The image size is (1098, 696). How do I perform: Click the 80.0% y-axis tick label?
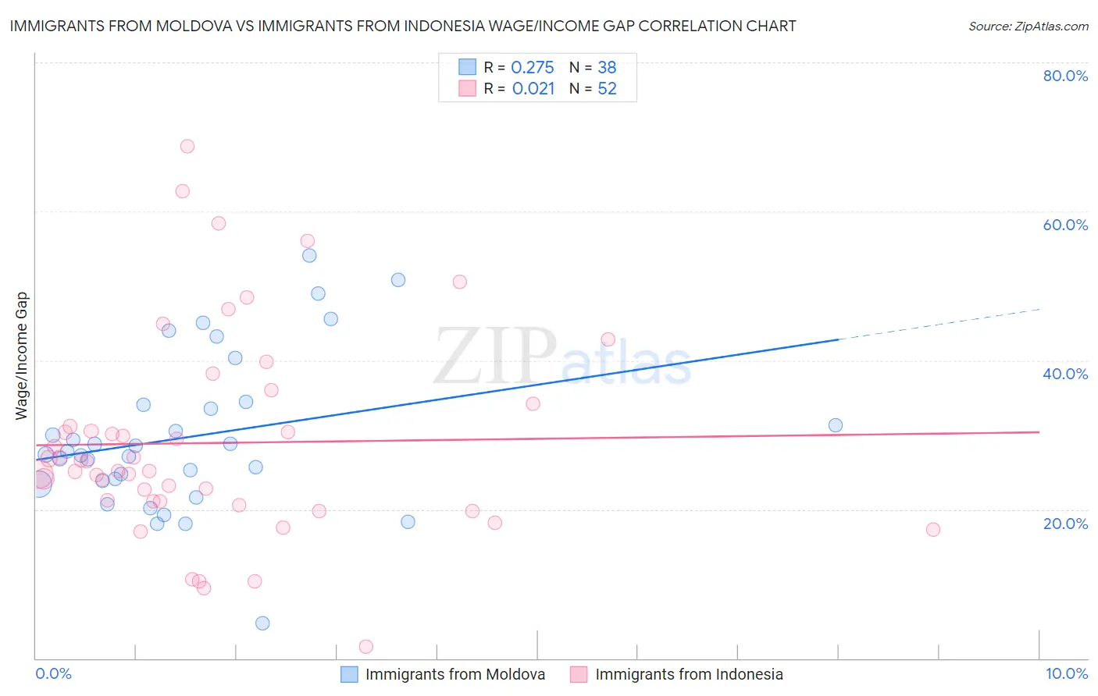point(1065,76)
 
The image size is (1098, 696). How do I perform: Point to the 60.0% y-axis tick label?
point(1065,225)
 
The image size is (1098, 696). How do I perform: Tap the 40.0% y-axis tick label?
point(1065,374)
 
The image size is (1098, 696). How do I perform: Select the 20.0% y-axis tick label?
point(1065,523)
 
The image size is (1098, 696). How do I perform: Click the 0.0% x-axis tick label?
point(53,673)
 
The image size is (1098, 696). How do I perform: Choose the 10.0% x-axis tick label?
point(1066,673)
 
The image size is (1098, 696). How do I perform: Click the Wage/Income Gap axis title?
point(22,356)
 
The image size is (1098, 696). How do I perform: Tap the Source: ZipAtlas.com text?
point(1028,27)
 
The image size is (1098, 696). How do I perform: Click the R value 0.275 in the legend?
point(533,67)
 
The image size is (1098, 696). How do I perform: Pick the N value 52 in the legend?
point(607,89)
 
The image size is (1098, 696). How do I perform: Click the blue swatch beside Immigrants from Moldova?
point(349,674)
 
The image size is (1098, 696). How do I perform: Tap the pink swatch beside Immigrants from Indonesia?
point(579,674)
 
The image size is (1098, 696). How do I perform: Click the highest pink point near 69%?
point(187,147)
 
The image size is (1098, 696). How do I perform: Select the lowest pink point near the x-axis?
point(365,647)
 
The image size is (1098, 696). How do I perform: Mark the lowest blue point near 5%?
point(262,623)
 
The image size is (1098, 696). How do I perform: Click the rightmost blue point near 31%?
point(836,425)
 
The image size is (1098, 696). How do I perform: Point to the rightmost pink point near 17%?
point(932,530)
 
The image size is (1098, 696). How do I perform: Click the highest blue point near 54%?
point(309,256)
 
